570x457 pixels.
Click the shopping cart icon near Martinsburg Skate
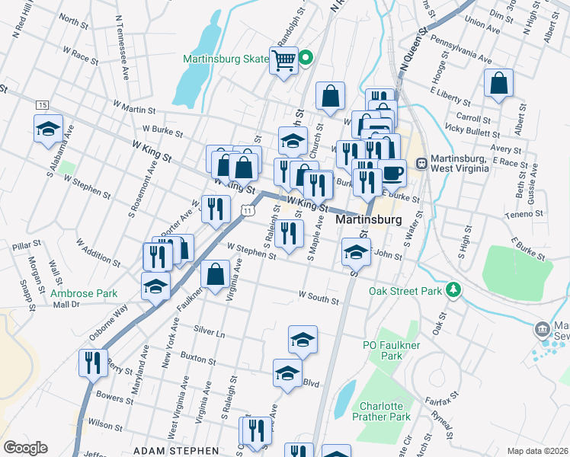coord(283,59)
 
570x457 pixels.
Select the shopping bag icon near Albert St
coord(498,84)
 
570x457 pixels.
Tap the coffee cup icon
coord(392,172)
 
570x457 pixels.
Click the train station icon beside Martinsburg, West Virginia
coord(421,163)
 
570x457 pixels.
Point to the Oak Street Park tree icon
coord(454,289)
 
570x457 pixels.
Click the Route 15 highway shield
coord(42,104)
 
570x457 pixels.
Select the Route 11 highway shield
coord(248,209)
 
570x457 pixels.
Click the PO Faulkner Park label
coord(392,350)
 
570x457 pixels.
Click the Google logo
coord(25,448)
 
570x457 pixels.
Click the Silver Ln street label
coord(210,333)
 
